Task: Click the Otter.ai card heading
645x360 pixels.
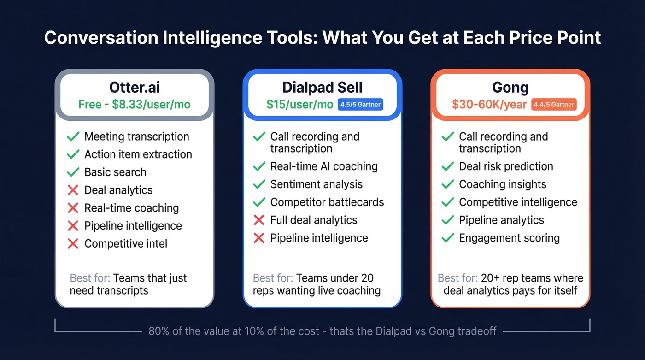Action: pos(134,87)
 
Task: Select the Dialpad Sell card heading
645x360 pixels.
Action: pos(322,87)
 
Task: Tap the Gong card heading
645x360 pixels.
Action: pos(510,87)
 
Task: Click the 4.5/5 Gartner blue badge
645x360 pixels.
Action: pos(360,105)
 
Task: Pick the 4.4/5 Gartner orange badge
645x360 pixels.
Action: pos(553,105)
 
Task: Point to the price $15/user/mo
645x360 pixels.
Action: pos(299,105)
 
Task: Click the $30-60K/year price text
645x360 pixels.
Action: pos(489,105)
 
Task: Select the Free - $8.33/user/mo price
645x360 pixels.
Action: pos(134,105)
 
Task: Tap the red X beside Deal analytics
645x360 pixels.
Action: pos(73,190)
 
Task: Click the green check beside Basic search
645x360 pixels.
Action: pos(73,172)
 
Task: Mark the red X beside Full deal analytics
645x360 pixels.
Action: pos(259,220)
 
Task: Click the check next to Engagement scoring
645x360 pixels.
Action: pos(447,238)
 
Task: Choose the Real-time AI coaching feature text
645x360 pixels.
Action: pos(324,166)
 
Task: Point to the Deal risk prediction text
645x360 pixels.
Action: pos(506,166)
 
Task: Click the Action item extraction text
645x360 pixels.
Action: pos(138,154)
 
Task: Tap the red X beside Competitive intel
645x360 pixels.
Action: pos(73,243)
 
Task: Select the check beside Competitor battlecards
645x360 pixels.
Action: pos(259,202)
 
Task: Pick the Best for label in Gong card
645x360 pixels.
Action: pos(457,278)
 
